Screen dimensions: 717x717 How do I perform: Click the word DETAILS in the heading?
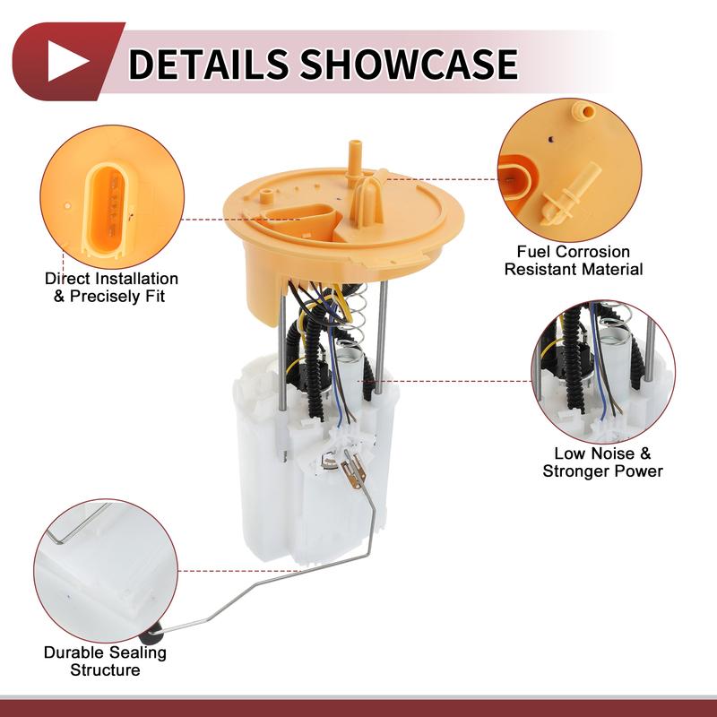[210, 63]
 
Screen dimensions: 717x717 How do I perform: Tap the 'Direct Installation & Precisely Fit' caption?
[112, 288]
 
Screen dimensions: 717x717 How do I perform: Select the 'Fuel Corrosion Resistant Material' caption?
[574, 261]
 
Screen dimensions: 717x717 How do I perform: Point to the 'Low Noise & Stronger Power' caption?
[602, 462]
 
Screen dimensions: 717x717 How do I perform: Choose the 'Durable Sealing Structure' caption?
[105, 661]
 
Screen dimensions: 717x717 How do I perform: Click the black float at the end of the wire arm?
[158, 637]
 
